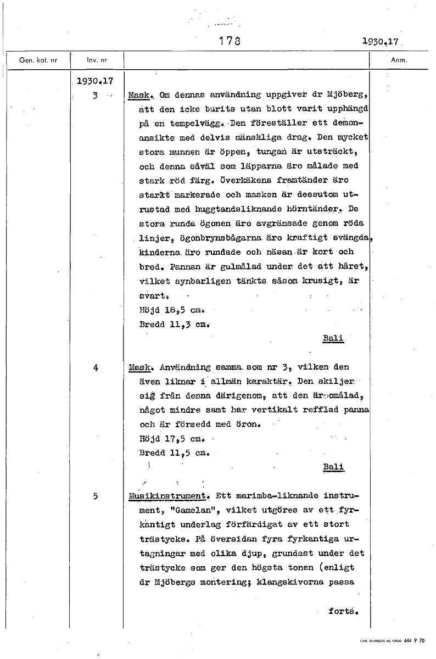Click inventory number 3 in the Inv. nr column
click(95, 96)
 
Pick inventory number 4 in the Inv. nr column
click(96, 368)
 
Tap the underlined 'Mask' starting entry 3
click(136, 96)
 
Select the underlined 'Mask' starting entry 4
click(136, 367)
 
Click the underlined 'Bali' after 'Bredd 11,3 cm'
click(333, 338)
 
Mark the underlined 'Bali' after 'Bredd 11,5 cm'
click(333, 467)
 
